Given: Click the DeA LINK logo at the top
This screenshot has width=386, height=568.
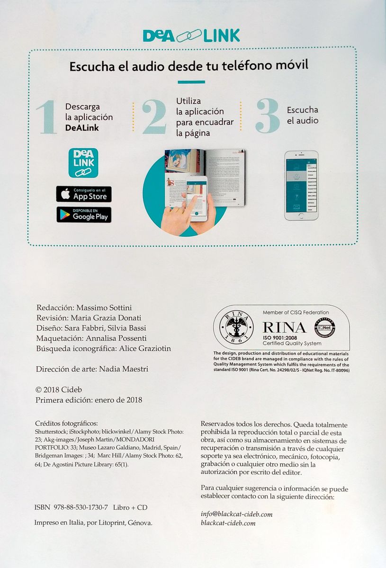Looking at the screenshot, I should click(x=191, y=35).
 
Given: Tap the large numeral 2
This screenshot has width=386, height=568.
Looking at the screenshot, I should click(x=154, y=116).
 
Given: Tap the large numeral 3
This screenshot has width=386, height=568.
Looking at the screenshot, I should click(x=268, y=116).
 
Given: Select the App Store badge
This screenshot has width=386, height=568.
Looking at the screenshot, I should click(x=84, y=194).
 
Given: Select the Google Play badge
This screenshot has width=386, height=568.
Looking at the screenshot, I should click(x=84, y=215).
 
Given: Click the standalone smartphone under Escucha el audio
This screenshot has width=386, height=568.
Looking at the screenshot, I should click(x=301, y=186).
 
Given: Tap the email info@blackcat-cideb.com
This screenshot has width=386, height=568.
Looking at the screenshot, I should click(x=236, y=514).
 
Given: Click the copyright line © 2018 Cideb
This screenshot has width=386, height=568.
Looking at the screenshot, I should click(x=59, y=390).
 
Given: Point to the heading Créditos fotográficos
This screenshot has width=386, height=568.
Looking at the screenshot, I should click(x=66, y=423).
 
